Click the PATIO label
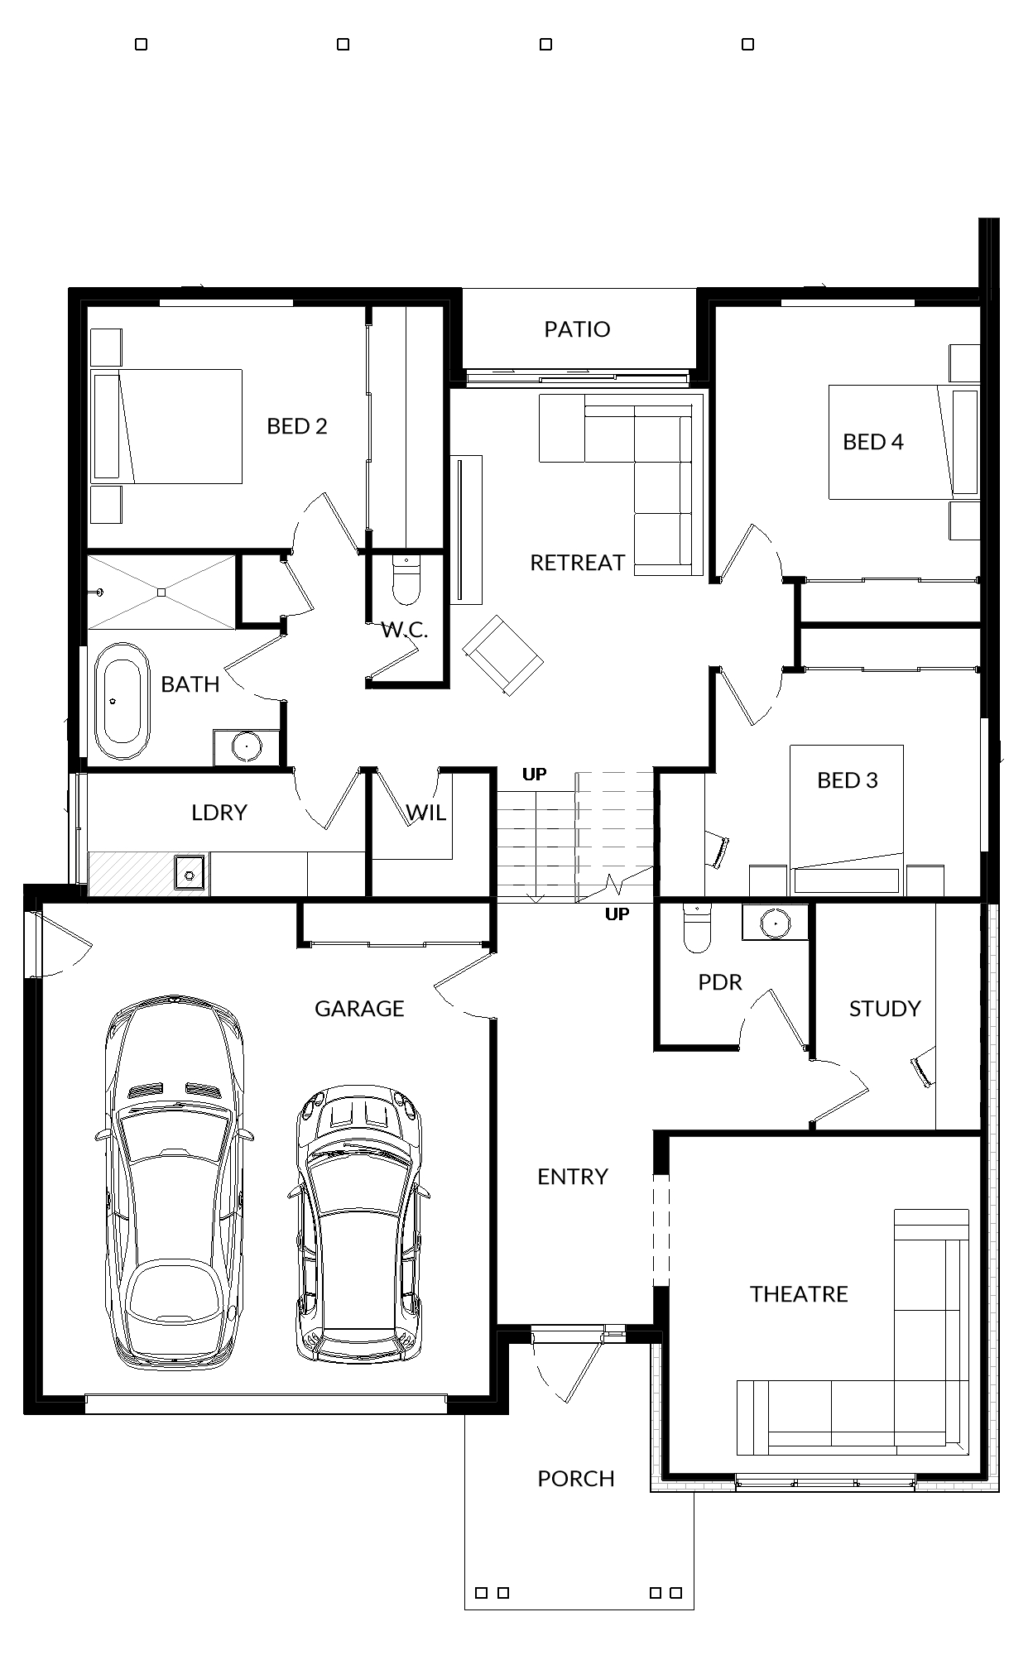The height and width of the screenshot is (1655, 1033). click(577, 329)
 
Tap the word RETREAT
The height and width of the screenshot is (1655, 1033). click(577, 563)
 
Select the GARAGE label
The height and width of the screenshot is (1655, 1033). click(359, 1008)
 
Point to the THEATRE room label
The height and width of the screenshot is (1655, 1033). click(799, 1293)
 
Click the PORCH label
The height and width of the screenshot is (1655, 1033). click(576, 1478)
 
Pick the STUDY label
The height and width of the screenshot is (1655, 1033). click(885, 1008)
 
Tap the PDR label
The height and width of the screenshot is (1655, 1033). click(720, 981)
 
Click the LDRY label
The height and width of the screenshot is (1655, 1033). click(219, 812)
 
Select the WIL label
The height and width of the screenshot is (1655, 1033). click(426, 812)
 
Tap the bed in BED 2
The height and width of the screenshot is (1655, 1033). click(166, 426)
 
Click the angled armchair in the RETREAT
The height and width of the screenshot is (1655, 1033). click(502, 655)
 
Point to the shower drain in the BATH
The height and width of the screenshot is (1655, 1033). click(161, 592)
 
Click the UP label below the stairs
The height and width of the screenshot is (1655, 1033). click(617, 914)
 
